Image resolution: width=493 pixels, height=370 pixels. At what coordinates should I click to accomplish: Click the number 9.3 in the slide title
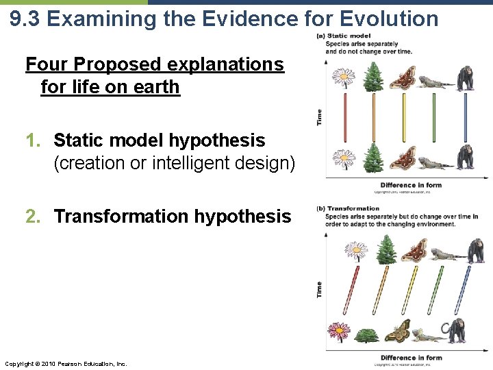click(26, 18)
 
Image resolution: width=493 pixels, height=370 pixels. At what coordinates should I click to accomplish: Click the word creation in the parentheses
click(89, 164)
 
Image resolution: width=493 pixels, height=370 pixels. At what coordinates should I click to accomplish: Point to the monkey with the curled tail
click(457, 332)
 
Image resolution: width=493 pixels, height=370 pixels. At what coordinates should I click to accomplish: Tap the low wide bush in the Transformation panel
click(367, 336)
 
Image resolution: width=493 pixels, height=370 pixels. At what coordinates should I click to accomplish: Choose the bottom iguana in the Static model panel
click(435, 163)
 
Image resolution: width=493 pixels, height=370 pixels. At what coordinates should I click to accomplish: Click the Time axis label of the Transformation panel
click(320, 289)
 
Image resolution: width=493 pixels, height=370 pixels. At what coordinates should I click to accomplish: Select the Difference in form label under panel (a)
click(411, 185)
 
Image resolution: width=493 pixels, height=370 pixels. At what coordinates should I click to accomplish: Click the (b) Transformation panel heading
click(353, 208)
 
